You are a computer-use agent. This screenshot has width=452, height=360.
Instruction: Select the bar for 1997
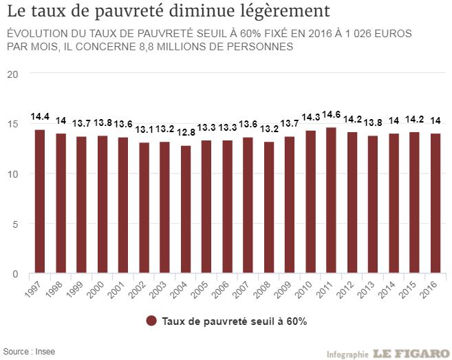click(x=40, y=202)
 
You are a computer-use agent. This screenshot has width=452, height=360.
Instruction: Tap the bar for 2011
click(x=331, y=200)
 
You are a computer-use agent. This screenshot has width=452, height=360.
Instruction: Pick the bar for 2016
click(x=435, y=204)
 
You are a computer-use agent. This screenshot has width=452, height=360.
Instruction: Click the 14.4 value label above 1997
click(x=40, y=117)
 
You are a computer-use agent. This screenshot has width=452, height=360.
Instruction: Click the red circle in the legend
click(x=151, y=321)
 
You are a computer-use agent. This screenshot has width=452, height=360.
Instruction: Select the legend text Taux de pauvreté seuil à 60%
click(x=233, y=321)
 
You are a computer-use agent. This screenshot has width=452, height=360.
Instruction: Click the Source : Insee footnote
click(x=29, y=351)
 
